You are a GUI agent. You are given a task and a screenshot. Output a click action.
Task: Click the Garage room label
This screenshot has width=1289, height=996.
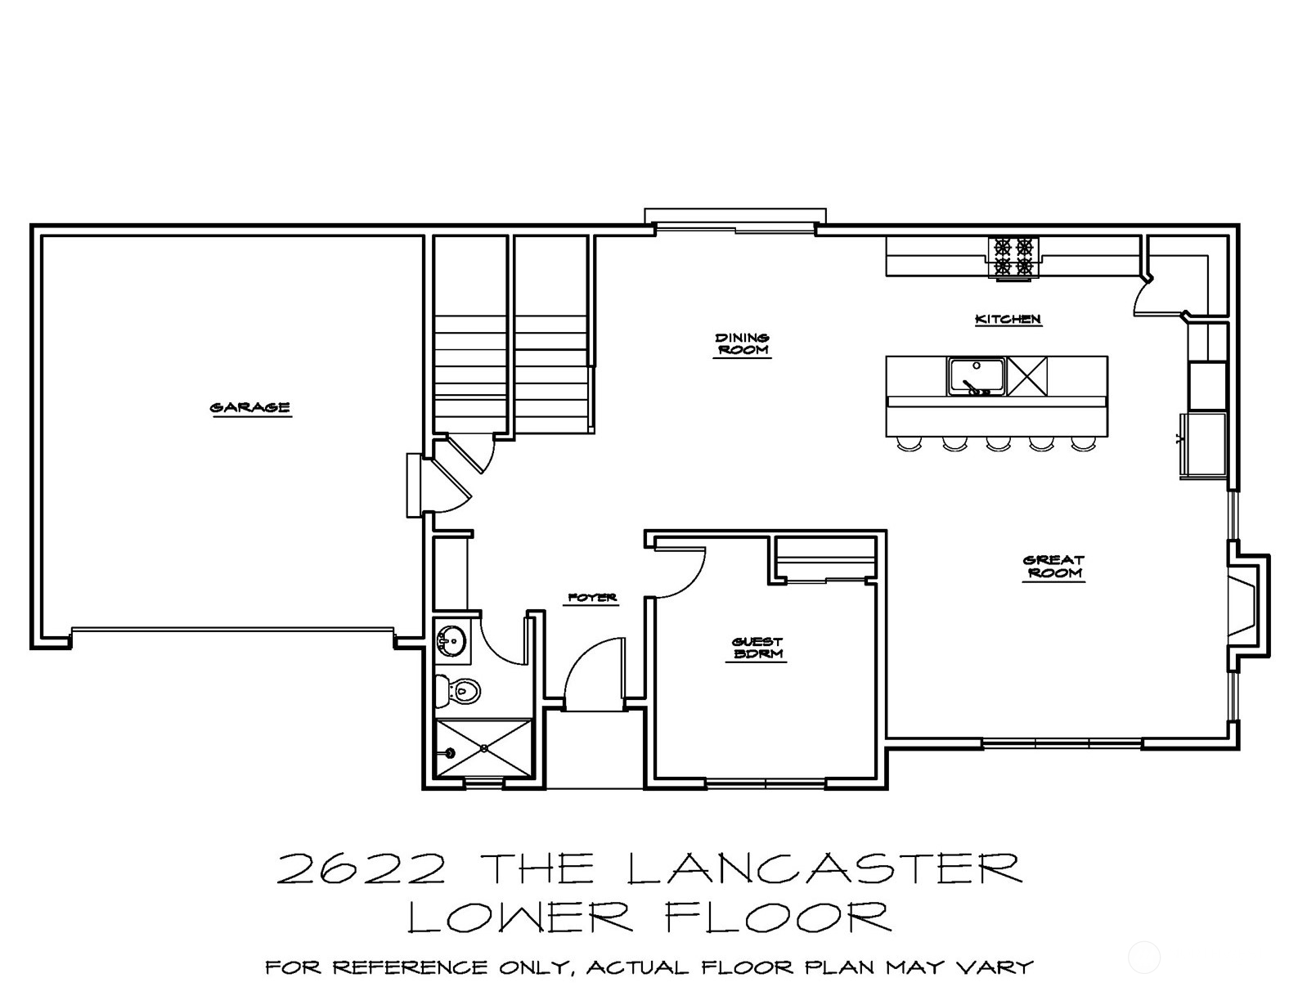coord(250,407)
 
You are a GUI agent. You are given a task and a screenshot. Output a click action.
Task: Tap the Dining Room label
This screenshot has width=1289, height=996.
coord(742,343)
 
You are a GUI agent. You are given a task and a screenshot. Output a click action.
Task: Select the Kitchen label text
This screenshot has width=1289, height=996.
coord(1008,319)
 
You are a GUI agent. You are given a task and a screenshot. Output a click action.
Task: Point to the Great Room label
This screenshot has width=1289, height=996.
coord(1053,567)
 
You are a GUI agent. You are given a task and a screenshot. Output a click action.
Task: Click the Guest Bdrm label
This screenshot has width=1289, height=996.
coord(757,648)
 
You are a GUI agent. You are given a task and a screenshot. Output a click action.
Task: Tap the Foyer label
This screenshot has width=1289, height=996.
coord(592,598)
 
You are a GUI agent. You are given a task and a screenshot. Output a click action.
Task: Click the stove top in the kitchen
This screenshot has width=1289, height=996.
coord(1013,257)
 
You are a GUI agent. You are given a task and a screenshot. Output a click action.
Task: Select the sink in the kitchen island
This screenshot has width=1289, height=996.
coord(976,376)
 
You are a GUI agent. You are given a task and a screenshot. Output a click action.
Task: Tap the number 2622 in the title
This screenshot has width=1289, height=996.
coord(362,870)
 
